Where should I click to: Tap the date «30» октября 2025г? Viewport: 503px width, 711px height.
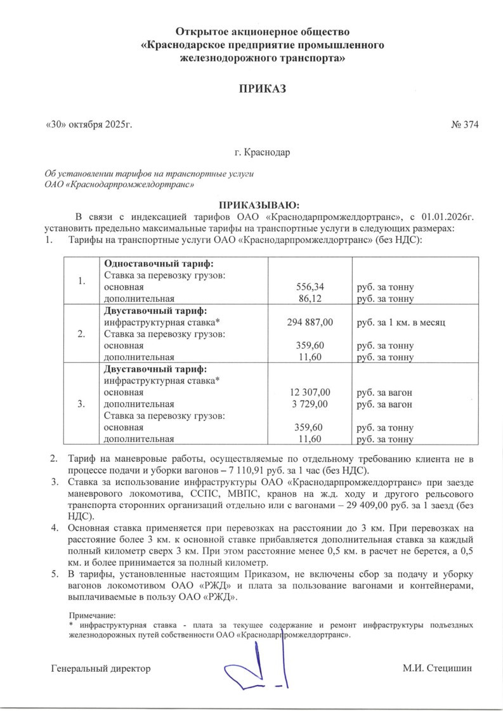click(88, 124)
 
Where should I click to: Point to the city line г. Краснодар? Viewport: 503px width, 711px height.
click(261, 153)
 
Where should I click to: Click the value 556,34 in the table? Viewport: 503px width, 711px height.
click(310, 287)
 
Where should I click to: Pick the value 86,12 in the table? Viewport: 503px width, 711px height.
click(310, 298)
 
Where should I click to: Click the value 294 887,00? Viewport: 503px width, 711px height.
click(310, 322)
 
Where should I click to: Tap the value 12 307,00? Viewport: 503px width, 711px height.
click(310, 393)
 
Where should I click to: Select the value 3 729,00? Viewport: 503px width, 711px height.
click(310, 404)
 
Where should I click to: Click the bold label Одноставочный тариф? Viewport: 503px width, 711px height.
click(158, 263)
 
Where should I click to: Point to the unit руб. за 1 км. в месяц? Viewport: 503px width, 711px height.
click(402, 322)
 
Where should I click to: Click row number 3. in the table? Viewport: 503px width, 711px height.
click(81, 404)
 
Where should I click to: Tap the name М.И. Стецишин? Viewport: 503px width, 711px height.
click(437, 669)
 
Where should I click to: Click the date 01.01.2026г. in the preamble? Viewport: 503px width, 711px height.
click(447, 216)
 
